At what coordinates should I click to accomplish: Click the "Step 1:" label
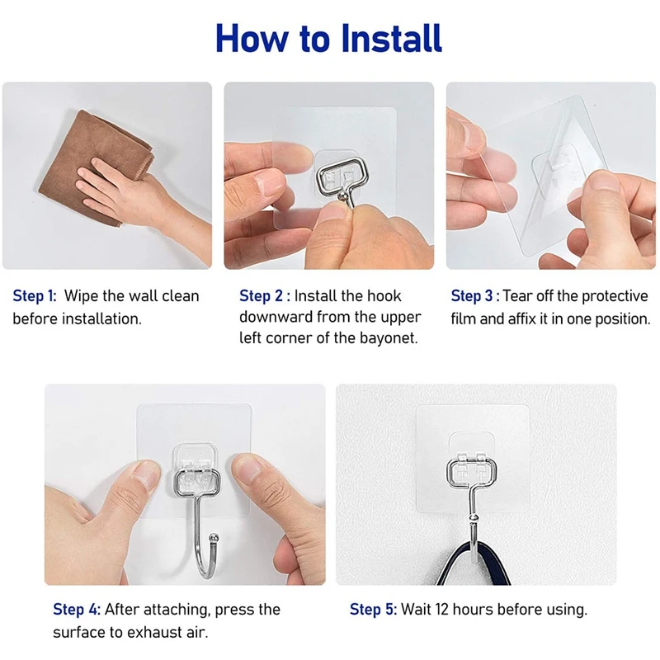tap(35, 296)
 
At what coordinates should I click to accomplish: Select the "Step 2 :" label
tap(265, 296)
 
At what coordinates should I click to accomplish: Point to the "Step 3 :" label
tap(475, 296)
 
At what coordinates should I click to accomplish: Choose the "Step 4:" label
tap(77, 610)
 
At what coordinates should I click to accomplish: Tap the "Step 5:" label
tap(374, 610)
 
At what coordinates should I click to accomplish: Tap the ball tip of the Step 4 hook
tap(214, 538)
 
